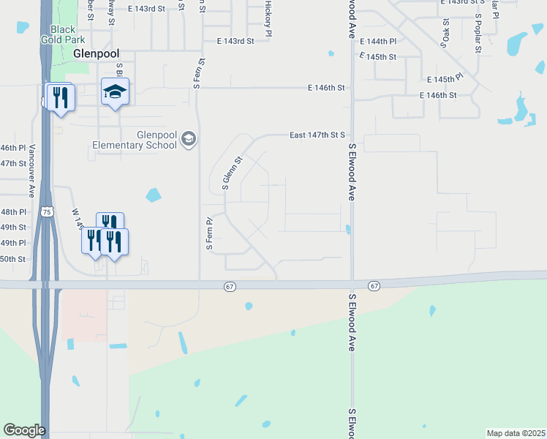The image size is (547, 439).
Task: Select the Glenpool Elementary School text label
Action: (x=135, y=139)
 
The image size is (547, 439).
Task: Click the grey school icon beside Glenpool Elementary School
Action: (x=189, y=139)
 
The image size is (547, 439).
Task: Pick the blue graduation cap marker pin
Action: (x=115, y=91)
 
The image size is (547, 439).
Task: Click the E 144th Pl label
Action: (x=378, y=42)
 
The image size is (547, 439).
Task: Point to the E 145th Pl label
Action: (x=445, y=78)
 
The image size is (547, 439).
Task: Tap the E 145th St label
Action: (x=378, y=57)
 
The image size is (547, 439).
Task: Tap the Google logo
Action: (x=24, y=430)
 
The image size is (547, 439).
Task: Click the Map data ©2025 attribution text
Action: (x=516, y=433)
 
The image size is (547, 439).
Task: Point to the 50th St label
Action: (x=12, y=259)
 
